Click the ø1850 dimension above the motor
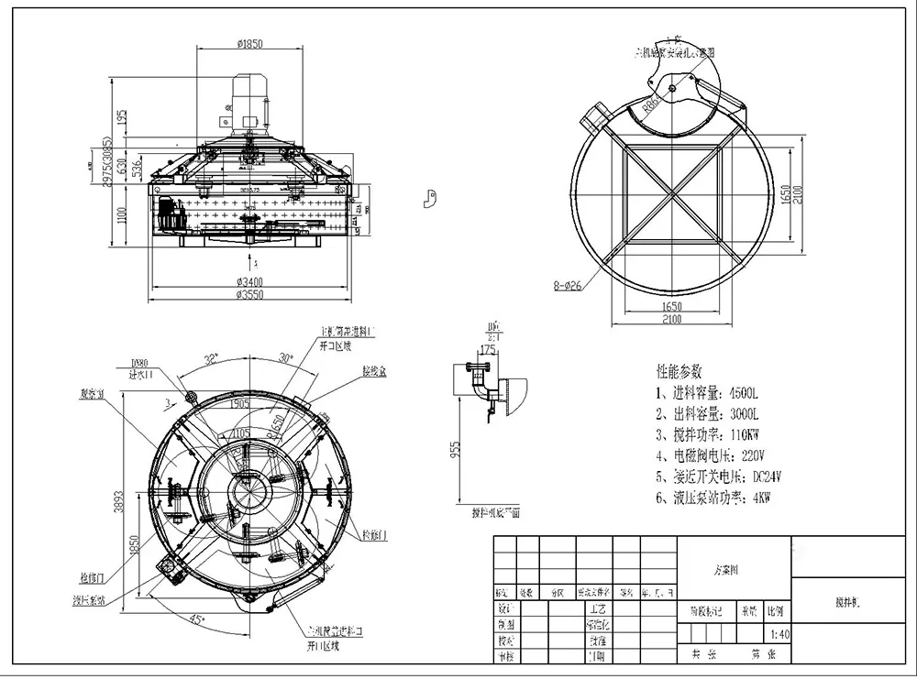[x=250, y=42]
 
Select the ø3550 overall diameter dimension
[x=250, y=295]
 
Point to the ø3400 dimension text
[x=250, y=280]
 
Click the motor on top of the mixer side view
[x=248, y=102]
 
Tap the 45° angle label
[x=196, y=620]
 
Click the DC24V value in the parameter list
[x=773, y=476]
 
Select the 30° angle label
[x=285, y=358]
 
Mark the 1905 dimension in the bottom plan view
[x=241, y=402]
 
